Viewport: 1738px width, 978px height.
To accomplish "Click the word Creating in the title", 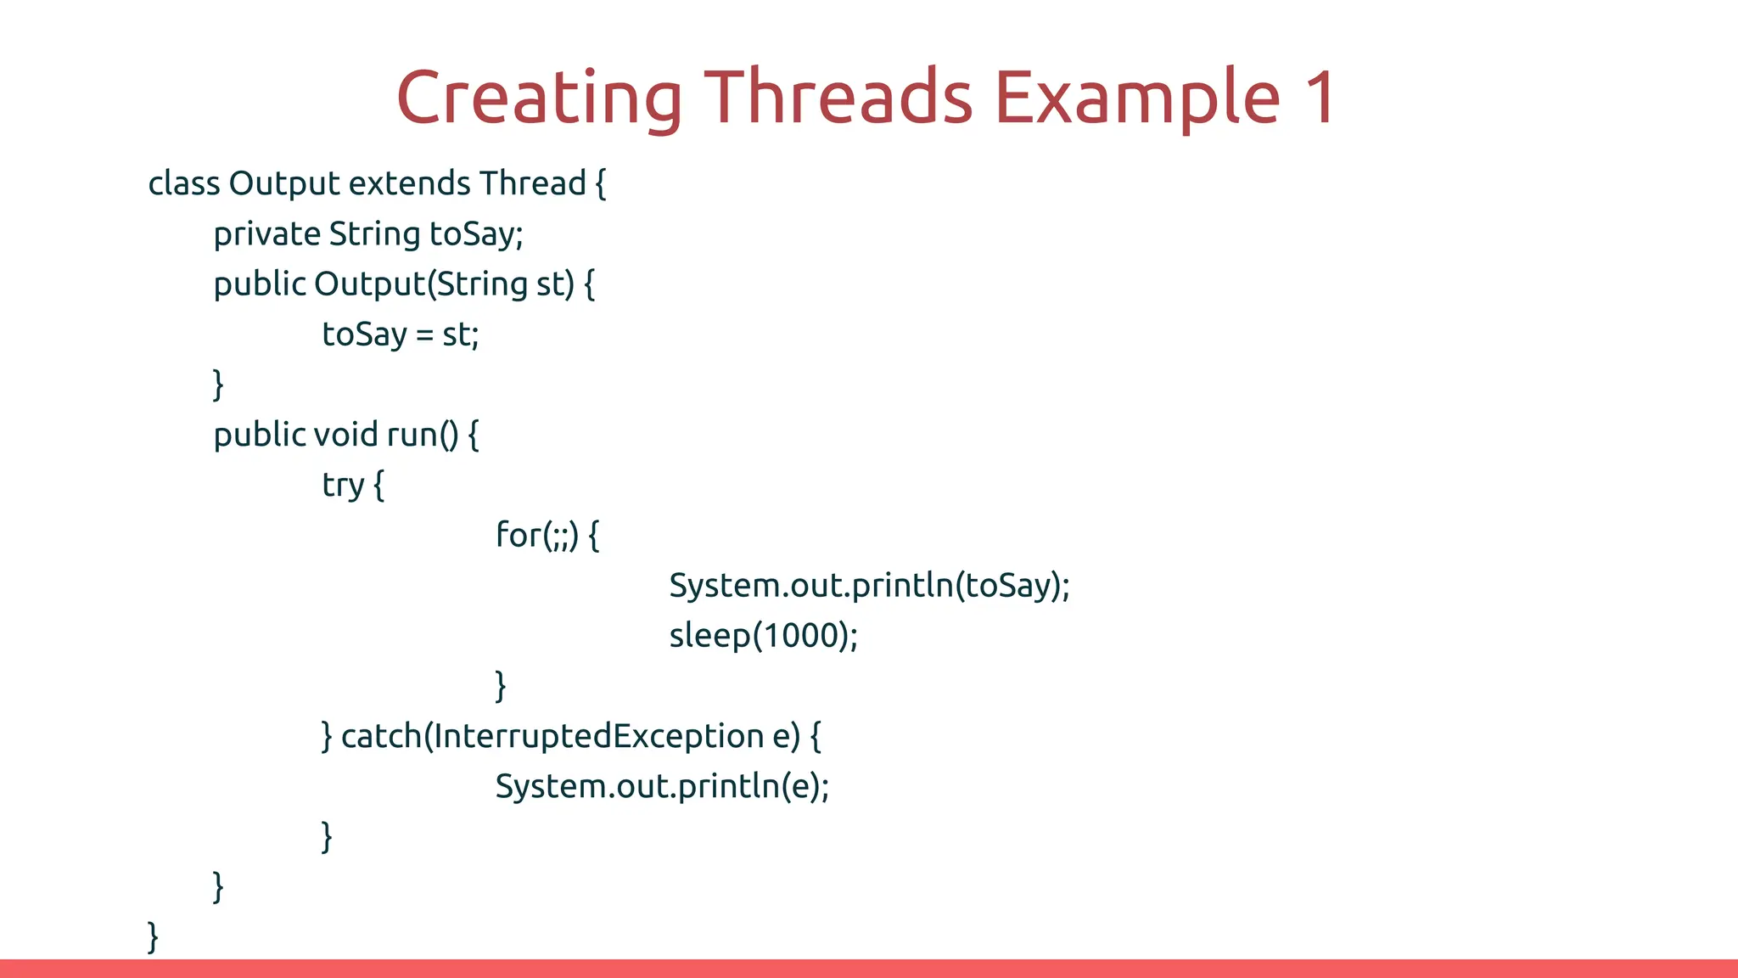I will [539, 98].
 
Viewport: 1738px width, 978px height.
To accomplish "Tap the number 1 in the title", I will [1320, 98].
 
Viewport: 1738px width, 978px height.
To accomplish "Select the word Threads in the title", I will [838, 98].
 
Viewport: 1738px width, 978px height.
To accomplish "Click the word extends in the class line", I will [409, 183].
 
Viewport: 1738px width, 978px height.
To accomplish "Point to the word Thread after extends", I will [532, 183].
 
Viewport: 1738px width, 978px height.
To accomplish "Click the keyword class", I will [183, 183].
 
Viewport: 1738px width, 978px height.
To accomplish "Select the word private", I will [266, 234].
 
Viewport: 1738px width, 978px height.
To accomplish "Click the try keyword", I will [343, 486].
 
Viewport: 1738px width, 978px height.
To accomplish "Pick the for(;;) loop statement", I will [547, 536].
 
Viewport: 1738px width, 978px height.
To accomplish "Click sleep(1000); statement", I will [763, 636].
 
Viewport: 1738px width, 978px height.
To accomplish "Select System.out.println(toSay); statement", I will [869, 586].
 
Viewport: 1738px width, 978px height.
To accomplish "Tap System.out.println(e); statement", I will [662, 786].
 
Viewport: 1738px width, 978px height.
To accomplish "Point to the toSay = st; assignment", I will [401, 334].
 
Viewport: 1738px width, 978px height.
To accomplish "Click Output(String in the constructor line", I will [420, 284].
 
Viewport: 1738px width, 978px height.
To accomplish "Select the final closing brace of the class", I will [153, 936].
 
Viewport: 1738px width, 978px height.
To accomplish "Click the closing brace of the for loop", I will [501, 685].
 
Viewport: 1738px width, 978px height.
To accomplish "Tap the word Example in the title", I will [1136, 98].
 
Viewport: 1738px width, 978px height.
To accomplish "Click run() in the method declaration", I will [423, 435].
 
